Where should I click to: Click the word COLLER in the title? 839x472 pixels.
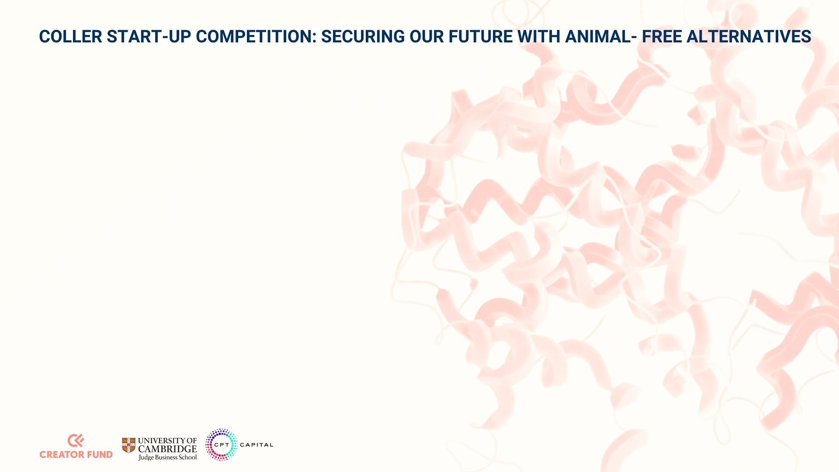tap(70, 37)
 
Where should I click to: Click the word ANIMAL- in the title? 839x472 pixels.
tap(601, 37)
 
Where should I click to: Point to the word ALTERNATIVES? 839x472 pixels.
tap(749, 37)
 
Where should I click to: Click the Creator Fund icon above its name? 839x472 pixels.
tap(76, 441)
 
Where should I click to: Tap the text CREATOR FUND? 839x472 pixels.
tap(76, 455)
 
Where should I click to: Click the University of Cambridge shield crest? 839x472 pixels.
tap(128, 445)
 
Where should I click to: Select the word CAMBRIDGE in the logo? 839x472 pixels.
tap(167, 449)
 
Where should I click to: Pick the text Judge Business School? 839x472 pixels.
tap(167, 457)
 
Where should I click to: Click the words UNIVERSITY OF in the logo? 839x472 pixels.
tap(167, 441)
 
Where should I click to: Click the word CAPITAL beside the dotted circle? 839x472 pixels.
tap(257, 445)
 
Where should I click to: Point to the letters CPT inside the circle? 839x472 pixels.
tap(222, 445)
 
